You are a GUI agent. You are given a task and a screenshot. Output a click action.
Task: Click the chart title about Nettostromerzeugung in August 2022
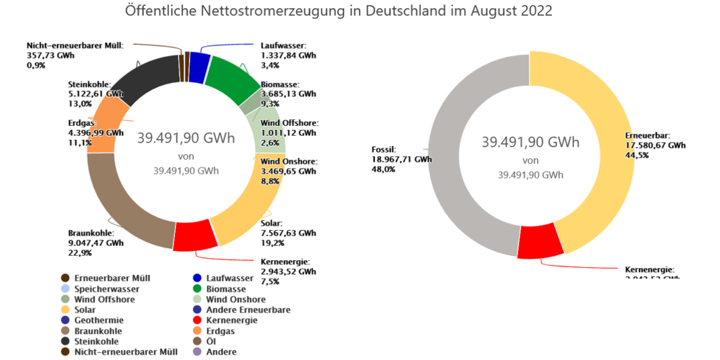(338, 12)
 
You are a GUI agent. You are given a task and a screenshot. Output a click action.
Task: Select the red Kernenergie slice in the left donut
(195, 236)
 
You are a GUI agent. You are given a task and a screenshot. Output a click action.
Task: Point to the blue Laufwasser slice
(200, 64)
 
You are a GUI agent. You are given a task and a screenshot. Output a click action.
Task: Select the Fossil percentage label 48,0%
(382, 169)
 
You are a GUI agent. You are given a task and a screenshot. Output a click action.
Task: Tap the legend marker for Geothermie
(65, 320)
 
